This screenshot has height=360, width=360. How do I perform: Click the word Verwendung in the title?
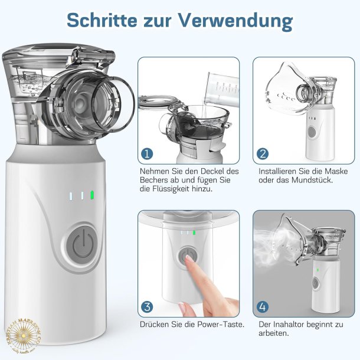(236, 19)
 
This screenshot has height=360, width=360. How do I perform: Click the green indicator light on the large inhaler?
(91, 195)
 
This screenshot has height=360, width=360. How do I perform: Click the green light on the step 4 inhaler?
(317, 270)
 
